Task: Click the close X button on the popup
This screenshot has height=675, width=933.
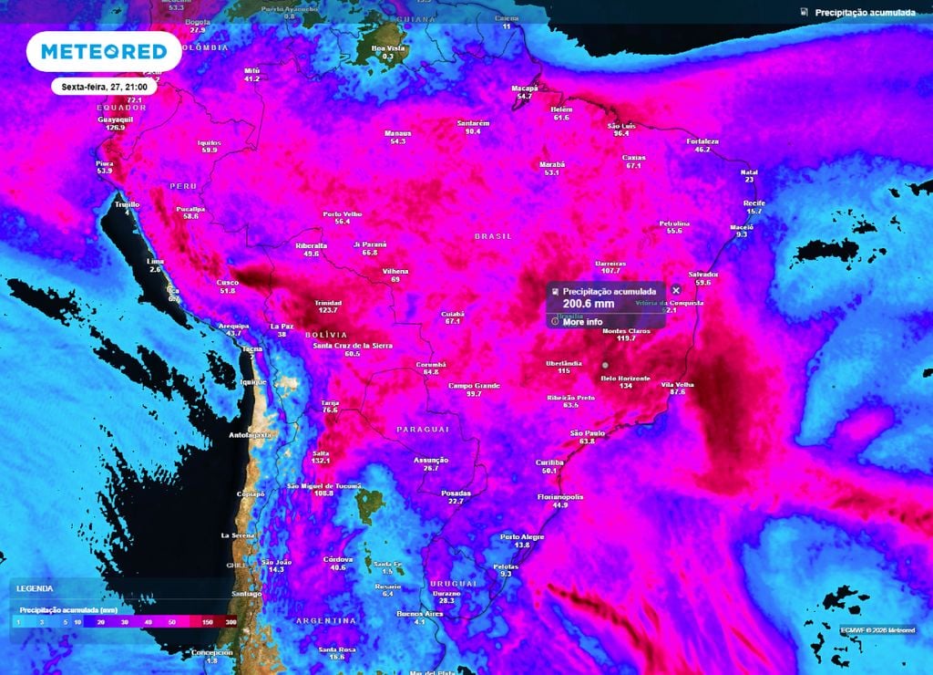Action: (x=676, y=290)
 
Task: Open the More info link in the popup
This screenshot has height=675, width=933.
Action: (x=582, y=322)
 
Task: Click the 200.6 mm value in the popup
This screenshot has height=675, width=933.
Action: (x=589, y=305)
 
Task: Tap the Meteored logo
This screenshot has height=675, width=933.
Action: (x=97, y=52)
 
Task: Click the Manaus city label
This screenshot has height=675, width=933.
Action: (x=398, y=133)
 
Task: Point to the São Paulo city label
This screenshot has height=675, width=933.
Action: (x=588, y=432)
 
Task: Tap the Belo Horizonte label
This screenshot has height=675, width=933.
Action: (x=626, y=378)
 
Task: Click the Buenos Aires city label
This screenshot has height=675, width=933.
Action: (x=420, y=614)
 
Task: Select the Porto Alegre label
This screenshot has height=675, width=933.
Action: (x=522, y=536)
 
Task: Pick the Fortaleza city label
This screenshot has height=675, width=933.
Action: (x=703, y=141)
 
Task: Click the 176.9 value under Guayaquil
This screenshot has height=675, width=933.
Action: (x=115, y=128)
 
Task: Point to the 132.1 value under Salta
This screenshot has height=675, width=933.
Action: (x=320, y=461)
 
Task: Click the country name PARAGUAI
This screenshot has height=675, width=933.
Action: (x=423, y=429)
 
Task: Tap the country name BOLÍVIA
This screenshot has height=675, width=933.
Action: (x=334, y=336)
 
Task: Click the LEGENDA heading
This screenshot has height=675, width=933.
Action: (x=35, y=589)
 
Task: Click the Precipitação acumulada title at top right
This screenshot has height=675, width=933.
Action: (x=866, y=13)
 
